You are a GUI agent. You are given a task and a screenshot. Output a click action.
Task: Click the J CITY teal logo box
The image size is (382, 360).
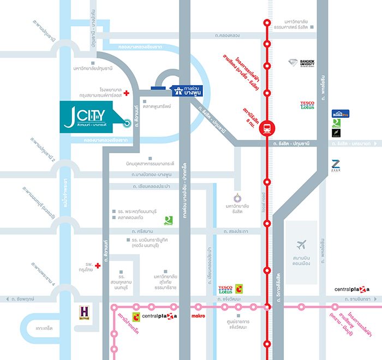pyautogui.click(x=88, y=116)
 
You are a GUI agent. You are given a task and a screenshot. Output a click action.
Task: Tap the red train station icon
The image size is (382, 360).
pyautogui.click(x=267, y=128)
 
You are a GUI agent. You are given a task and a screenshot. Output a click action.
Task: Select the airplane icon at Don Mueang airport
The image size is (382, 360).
pyautogui.click(x=301, y=244)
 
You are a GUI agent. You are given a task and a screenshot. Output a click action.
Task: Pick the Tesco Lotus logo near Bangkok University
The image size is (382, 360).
pyautogui.click(x=307, y=105)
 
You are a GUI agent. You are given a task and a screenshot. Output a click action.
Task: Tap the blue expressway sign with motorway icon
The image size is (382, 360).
pyautogui.click(x=187, y=91)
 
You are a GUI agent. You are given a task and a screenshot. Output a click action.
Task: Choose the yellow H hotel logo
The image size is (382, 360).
pyautogui.click(x=84, y=312)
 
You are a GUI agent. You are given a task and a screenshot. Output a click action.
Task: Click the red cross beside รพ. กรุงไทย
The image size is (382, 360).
pyautogui.click(x=98, y=266)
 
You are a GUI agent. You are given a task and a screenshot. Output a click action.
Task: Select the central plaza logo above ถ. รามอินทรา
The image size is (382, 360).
pyautogui.click(x=352, y=289)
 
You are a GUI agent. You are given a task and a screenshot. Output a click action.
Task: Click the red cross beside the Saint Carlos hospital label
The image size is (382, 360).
pyautogui.click(x=127, y=93)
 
